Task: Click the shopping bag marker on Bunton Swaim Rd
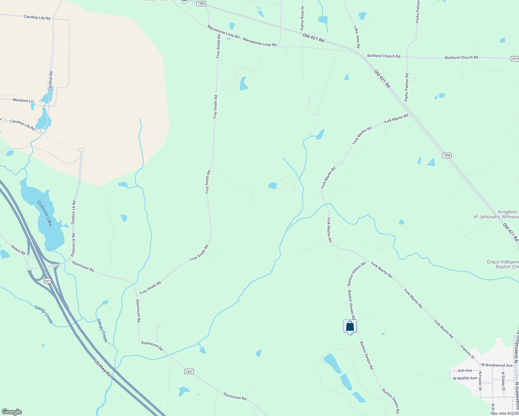350,326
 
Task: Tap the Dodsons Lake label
45,213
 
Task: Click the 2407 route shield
189,372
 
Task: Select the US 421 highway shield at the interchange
48,281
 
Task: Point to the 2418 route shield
515,59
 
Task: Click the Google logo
12,412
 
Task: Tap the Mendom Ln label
23,101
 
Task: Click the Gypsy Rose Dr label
302,18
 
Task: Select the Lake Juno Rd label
357,37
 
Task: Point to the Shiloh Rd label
18,250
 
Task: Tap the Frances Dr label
467,352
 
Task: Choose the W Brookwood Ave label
497,365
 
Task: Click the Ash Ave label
465,371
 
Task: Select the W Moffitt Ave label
465,378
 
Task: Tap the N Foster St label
480,381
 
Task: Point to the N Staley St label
503,381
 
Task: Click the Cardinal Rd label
51,81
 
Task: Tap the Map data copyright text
504,413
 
